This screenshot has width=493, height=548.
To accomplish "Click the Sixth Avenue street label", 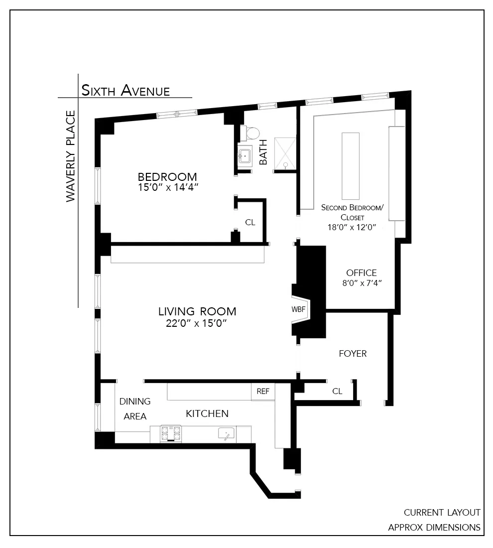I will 125,91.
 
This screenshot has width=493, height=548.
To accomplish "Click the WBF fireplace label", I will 298,309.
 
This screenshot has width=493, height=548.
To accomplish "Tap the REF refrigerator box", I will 262,392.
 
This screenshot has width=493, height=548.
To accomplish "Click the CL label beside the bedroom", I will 250,223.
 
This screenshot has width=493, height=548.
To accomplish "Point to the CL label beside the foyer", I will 337,391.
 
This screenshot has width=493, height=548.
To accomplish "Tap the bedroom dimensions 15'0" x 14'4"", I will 167,187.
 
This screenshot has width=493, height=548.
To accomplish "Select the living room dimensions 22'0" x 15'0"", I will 197,323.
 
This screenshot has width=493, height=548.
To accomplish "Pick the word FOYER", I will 353,354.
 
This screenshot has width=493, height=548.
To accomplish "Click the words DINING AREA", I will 134,409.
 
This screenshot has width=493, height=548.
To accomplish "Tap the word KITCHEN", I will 207,413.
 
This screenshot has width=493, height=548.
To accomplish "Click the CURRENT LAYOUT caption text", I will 442,513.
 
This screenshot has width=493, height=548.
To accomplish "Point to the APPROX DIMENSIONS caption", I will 434,528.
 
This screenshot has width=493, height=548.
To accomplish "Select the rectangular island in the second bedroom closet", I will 350,166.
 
